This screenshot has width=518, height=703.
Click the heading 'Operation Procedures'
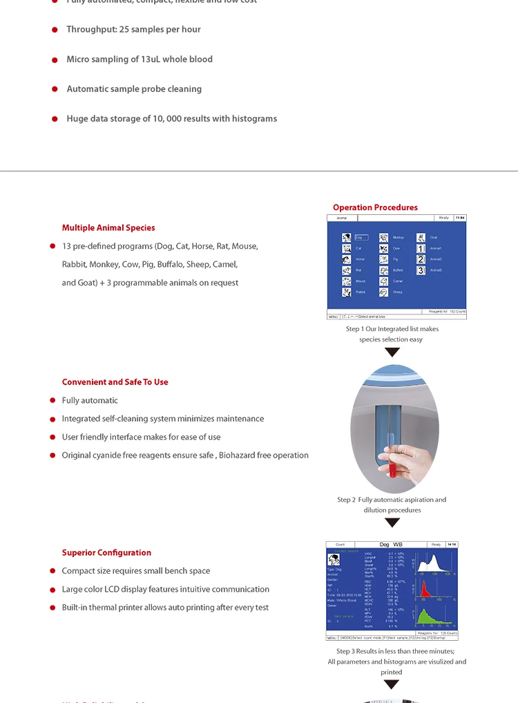click(x=375, y=207)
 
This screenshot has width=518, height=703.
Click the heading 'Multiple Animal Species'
click(x=108, y=227)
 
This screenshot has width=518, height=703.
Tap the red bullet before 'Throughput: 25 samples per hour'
click(x=55, y=30)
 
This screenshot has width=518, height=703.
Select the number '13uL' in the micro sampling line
click(x=147, y=59)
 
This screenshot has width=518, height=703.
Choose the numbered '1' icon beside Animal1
click(x=420, y=248)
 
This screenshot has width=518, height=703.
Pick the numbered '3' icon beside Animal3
click(x=420, y=270)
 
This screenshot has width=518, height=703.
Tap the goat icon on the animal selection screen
click(x=420, y=237)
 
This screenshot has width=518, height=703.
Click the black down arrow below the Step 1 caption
click(x=392, y=353)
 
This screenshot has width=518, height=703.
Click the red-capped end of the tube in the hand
click(x=392, y=471)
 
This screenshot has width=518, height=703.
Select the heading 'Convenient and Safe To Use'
click(x=115, y=382)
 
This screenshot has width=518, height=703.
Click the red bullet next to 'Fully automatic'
click(x=52, y=400)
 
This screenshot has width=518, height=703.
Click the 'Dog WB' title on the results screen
click(x=391, y=545)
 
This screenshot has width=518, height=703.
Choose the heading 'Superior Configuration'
click(x=106, y=552)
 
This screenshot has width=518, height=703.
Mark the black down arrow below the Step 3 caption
click(x=392, y=684)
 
